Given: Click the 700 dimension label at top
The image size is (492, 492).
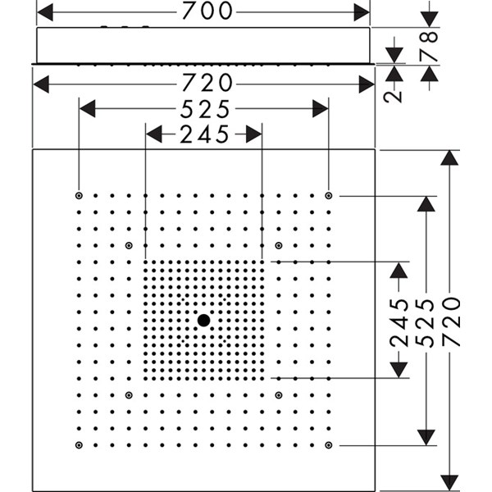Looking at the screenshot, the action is click(x=207, y=11).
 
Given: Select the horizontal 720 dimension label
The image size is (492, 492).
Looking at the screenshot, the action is click(x=207, y=83).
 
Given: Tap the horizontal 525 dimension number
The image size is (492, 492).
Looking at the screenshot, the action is click(x=205, y=109).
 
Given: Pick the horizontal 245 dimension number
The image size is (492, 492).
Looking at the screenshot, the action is click(x=204, y=134).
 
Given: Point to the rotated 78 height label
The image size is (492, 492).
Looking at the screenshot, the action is click(x=429, y=46).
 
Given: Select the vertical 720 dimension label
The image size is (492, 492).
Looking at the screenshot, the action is click(x=451, y=322).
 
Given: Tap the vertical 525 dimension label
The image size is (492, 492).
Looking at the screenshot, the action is click(x=425, y=323).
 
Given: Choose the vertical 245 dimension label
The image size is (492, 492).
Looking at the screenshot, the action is click(x=399, y=323).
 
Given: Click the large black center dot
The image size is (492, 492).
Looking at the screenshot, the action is click(x=203, y=321).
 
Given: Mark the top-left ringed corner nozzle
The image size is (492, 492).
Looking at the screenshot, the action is click(x=79, y=196).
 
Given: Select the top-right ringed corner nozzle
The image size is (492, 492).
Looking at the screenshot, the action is click(x=329, y=196).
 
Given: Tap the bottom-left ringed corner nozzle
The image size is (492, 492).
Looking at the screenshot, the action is click(x=79, y=445).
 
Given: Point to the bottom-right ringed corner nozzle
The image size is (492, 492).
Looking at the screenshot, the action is click(x=329, y=445).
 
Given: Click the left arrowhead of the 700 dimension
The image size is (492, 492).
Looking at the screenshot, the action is click(x=44, y=12).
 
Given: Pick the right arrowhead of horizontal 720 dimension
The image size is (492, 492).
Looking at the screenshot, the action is click(x=367, y=84).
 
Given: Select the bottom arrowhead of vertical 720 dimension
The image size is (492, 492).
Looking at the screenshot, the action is click(x=449, y=483).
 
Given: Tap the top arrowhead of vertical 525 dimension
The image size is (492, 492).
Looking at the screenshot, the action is click(x=426, y=204).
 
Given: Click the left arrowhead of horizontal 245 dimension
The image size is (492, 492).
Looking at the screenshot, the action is click(x=154, y=134).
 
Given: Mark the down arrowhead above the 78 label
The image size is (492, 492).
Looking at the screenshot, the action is click(x=429, y=20).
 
